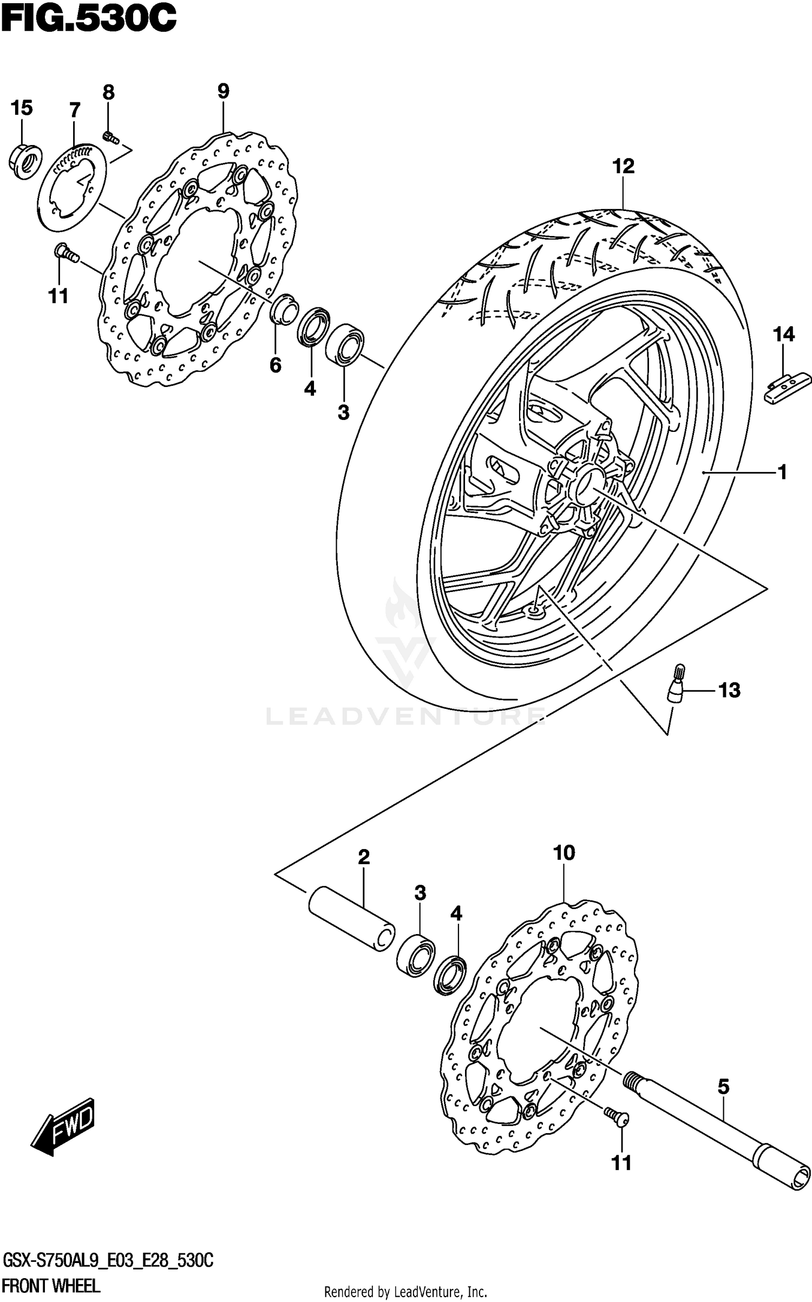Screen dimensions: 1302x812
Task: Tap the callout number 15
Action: [22, 108]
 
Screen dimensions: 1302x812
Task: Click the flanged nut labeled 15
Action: [25, 160]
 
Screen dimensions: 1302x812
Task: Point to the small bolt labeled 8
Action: [110, 137]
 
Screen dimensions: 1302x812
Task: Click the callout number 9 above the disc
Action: [224, 90]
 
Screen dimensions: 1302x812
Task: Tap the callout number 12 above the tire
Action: [623, 166]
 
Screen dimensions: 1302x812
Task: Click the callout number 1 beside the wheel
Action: [782, 472]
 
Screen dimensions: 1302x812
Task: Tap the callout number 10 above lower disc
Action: [564, 853]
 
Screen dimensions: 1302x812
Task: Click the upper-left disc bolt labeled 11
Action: [65, 252]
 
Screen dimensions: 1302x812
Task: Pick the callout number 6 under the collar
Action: [276, 365]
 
